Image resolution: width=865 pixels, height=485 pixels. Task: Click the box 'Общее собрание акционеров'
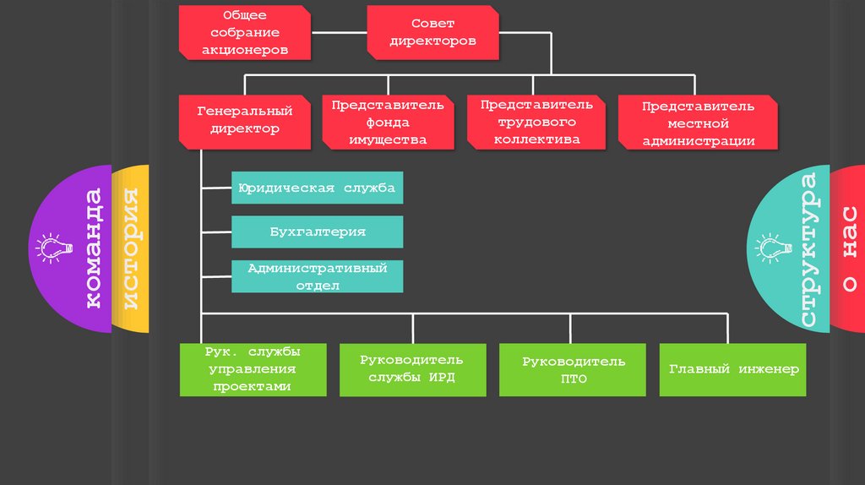245,33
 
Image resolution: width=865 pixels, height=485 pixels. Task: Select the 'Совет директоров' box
432,32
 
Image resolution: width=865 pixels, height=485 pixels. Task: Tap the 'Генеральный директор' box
245,120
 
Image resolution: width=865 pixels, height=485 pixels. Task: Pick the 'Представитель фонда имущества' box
388,122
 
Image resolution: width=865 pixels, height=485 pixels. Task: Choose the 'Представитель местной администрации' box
698,123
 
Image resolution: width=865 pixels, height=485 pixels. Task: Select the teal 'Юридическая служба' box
317,188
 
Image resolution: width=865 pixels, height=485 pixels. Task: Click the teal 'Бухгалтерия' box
317,232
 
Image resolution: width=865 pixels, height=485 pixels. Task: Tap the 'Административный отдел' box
317,276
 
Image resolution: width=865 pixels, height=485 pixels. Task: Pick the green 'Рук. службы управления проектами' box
252,370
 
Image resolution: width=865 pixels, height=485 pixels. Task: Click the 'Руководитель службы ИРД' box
411,370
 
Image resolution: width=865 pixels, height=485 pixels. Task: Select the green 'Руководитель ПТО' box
574,370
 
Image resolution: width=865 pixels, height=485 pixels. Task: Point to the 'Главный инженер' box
733,370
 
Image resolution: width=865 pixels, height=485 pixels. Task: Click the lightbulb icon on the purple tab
49,247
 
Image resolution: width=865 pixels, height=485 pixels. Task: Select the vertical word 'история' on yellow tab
131,248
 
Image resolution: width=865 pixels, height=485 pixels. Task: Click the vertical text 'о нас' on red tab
848,248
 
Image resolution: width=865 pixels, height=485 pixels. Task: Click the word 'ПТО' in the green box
574,379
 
